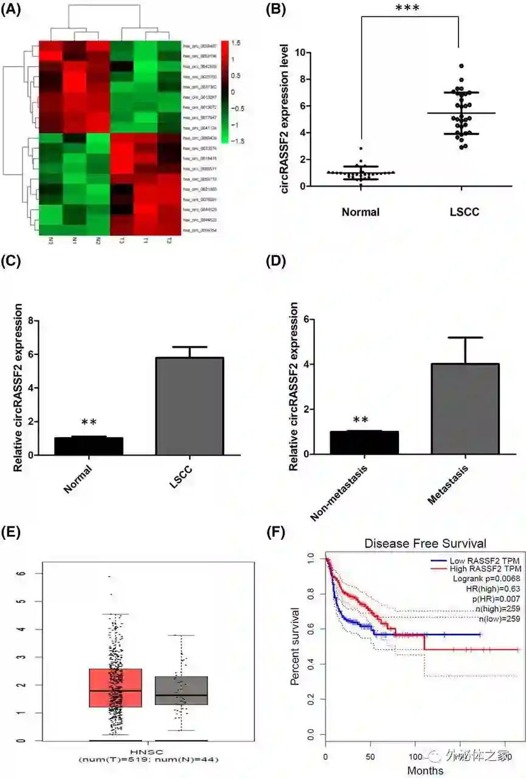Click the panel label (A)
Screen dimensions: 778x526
[13, 13]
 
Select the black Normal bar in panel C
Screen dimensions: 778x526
[89, 446]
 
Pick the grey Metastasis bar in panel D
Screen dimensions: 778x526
[465, 408]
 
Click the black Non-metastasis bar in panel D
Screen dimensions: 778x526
[364, 442]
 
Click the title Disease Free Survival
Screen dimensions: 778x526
[425, 543]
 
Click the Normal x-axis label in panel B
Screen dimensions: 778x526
[361, 212]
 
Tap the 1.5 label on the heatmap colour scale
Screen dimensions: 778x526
[237, 43]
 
